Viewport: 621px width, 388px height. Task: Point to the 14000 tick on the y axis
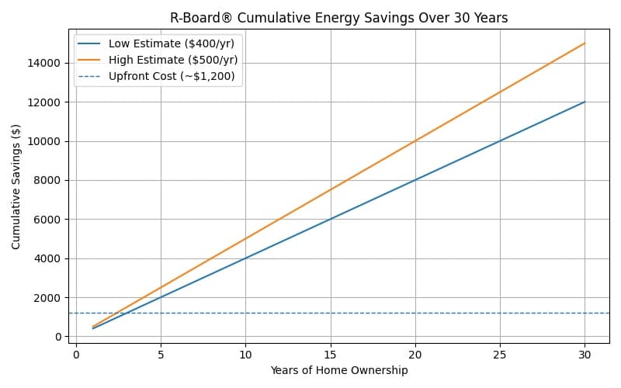(48, 63)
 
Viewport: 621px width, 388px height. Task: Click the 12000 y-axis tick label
(48, 102)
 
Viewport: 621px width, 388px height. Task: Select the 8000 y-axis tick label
(50, 180)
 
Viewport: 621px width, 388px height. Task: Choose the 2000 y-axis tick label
(50, 297)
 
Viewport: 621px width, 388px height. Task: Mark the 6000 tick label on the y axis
(50, 220)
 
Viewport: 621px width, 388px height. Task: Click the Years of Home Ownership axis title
(338, 371)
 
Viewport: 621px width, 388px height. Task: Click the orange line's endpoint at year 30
(585, 43)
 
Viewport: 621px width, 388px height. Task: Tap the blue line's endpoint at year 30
(585, 102)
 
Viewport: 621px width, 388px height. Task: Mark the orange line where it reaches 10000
(415, 141)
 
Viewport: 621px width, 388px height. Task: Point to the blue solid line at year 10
(245, 258)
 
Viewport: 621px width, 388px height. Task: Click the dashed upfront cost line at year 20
(415, 313)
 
